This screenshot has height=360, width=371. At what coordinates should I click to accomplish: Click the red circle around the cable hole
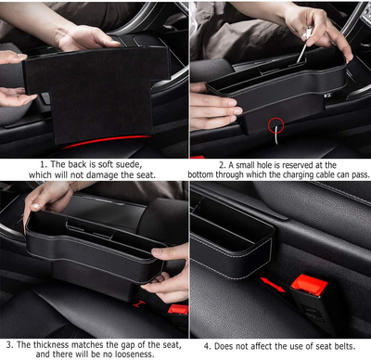(x=275, y=123)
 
